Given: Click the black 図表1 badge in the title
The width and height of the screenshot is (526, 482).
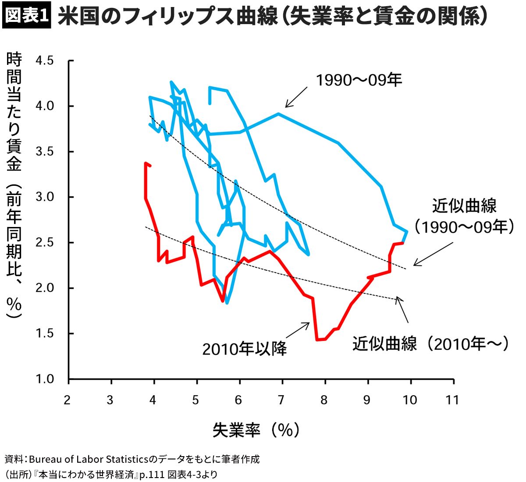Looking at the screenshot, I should pos(27,16).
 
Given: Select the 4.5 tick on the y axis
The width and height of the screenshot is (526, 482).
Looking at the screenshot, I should pos(44,60).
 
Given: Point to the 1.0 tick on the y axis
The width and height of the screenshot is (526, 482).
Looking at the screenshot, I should pos(44,379).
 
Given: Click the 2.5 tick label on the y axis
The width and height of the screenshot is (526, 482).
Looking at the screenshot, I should pos(44,242).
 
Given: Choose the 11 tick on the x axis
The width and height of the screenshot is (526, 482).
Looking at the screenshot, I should pos(452,400).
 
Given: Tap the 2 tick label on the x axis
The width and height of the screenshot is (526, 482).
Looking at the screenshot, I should pos(67,400).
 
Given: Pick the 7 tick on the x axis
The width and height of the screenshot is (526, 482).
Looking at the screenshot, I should pos(281,400).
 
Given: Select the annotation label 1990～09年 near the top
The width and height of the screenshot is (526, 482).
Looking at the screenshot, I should pos(359,80).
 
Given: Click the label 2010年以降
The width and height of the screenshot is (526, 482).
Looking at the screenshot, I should pos(245,349).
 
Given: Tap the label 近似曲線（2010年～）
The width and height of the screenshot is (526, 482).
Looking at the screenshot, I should pos(431,344).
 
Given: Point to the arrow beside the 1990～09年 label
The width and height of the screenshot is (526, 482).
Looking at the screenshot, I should pos(296,97).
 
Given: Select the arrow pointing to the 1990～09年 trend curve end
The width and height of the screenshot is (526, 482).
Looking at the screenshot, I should pos(433,255).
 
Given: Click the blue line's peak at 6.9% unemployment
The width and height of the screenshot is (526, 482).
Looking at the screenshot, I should pos(278,113).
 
